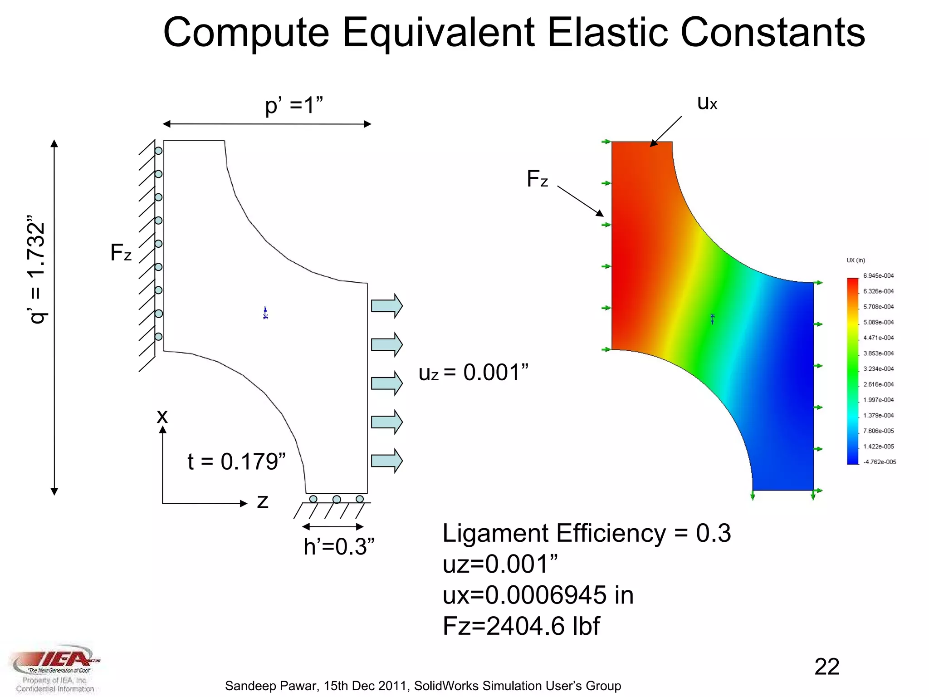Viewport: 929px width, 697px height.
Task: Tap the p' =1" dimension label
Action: (x=294, y=106)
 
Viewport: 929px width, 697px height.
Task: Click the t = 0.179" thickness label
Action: (x=236, y=461)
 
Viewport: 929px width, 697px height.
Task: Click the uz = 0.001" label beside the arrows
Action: (x=473, y=373)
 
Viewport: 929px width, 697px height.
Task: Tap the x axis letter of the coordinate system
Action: (x=162, y=416)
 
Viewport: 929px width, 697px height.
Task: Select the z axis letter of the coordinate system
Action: (x=263, y=501)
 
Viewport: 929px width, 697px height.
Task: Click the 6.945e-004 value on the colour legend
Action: (x=878, y=276)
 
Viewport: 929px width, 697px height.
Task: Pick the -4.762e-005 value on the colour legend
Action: (x=879, y=462)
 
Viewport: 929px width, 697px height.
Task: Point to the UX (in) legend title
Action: (x=856, y=260)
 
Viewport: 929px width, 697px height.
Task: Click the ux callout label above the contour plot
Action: (x=707, y=103)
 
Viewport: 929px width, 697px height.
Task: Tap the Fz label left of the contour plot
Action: (x=537, y=179)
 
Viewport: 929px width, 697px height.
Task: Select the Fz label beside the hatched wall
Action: (x=121, y=253)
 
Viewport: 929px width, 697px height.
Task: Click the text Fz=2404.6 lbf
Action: (x=521, y=627)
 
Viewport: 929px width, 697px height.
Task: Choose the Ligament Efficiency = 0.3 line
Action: (x=586, y=533)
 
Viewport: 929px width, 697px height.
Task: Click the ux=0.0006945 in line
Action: (x=538, y=595)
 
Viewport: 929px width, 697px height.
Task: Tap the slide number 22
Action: (x=826, y=667)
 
